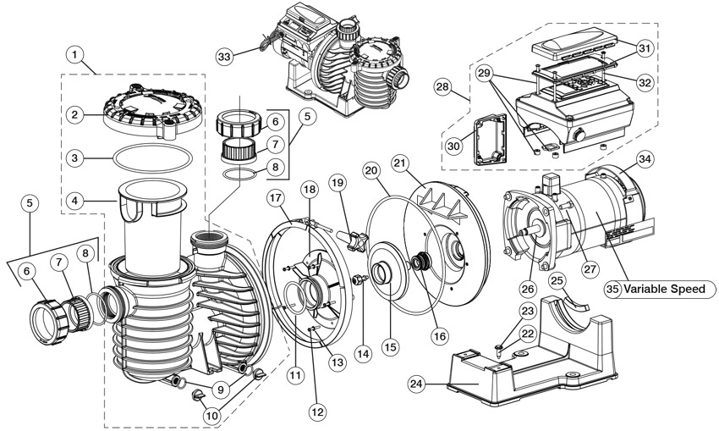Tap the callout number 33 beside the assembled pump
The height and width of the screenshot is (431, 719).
coord(224,57)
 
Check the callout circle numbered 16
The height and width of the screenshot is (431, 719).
coord(439,336)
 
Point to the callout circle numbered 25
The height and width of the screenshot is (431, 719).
coord(556,280)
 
